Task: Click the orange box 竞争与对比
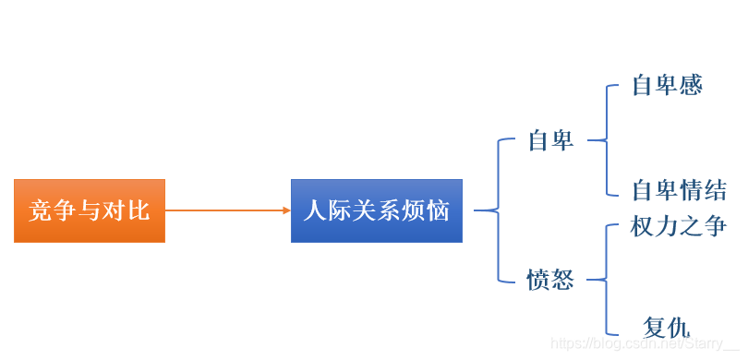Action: (x=90, y=210)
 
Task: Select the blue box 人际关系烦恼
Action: (x=377, y=210)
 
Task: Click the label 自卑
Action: (x=551, y=141)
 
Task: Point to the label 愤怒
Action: (x=551, y=280)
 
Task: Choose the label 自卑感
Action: (x=668, y=86)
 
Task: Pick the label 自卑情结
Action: (x=680, y=191)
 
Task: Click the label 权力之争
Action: (x=680, y=226)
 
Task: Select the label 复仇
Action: (x=667, y=327)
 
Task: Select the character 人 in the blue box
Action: (x=316, y=210)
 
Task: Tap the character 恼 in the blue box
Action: (x=438, y=210)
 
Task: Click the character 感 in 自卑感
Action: (x=691, y=86)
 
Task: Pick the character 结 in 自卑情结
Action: (x=715, y=191)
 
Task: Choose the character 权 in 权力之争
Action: (x=644, y=226)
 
